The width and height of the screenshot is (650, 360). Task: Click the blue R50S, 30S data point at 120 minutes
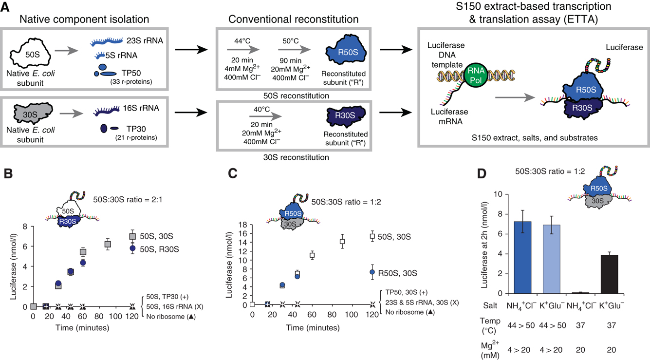tap(372, 272)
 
